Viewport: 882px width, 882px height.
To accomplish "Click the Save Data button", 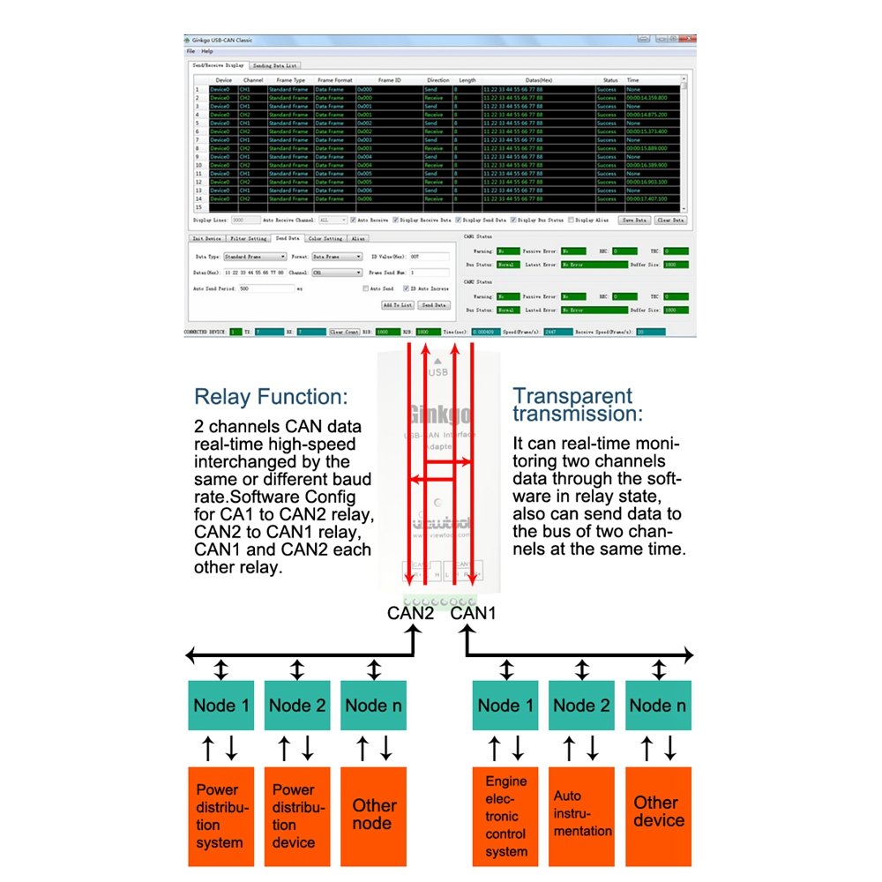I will (x=634, y=220).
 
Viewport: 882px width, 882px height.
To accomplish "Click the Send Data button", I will (x=433, y=305).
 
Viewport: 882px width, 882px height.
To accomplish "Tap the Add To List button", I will (x=397, y=305).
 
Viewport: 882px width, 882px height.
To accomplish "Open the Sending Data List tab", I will (x=275, y=65).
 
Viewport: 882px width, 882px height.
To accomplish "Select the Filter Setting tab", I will (x=249, y=238).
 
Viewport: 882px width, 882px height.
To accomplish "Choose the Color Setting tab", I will (x=325, y=238).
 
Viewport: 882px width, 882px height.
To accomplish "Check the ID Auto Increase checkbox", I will (x=406, y=288).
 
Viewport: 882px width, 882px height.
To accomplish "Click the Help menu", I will (x=207, y=51).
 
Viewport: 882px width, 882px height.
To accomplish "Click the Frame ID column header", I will (x=390, y=80).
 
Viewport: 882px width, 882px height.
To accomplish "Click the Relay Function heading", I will (x=271, y=396).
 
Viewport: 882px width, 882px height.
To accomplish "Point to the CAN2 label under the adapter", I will (x=410, y=613).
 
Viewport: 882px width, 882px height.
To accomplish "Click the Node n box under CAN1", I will (x=657, y=705).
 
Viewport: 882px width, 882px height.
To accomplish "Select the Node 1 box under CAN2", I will (x=220, y=705).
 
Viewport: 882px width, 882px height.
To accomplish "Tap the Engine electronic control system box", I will (x=505, y=816).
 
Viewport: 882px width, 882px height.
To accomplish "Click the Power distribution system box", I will (x=220, y=816).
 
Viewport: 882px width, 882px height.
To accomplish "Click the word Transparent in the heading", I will (x=573, y=396).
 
